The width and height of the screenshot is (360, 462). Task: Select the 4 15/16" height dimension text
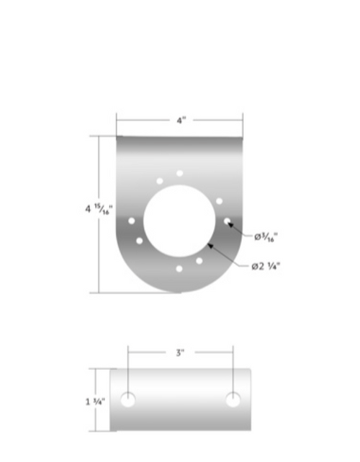coord(99,210)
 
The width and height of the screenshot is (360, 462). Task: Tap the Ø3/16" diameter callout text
coord(266,236)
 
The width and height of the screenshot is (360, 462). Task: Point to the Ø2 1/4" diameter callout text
coord(266,266)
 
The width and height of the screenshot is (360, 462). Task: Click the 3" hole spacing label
coord(180,352)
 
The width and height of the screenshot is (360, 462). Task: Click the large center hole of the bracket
coord(179,221)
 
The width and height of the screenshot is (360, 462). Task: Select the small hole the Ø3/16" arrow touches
coord(227,221)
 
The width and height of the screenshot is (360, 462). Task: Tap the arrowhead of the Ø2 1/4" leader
coord(210,246)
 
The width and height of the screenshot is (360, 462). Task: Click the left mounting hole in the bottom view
coord(128,400)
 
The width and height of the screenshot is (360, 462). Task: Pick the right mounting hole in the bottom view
coord(233,400)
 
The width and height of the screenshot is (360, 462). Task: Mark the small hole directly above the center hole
coord(179,174)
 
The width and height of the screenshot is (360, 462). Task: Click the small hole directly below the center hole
coord(179,269)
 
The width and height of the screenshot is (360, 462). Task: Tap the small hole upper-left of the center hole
coord(159,181)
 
